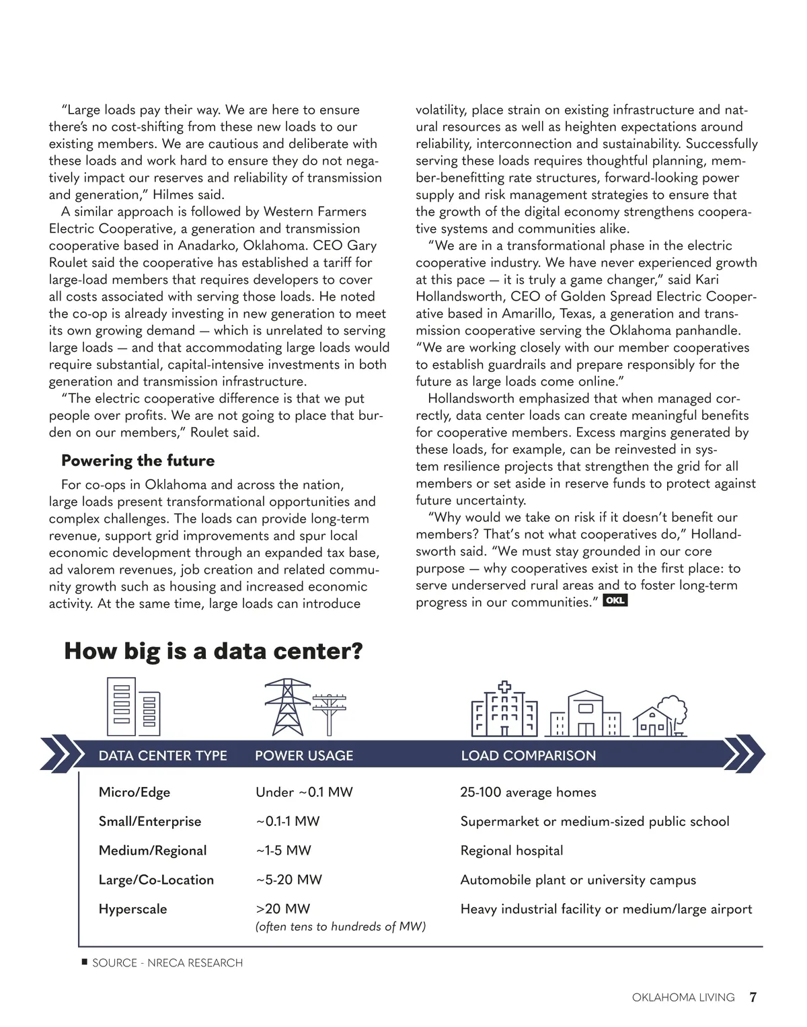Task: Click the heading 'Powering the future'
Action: tap(138, 461)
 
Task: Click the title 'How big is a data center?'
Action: tap(213, 651)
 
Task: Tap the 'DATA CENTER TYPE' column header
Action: tap(163, 755)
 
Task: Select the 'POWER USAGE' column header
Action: tap(304, 755)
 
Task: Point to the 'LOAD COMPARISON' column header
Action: tap(529, 755)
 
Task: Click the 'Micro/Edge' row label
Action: tap(134, 792)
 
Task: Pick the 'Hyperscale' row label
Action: tap(132, 909)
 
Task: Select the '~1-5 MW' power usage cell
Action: tap(283, 851)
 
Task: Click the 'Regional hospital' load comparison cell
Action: tap(512, 851)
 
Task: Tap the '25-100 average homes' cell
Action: tap(528, 792)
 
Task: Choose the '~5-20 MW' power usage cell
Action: tap(289, 880)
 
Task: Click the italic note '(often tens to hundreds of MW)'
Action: tap(340, 927)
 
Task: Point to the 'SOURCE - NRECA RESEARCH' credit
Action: tap(167, 963)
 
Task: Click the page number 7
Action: tap(753, 997)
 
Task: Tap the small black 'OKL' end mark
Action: tap(615, 600)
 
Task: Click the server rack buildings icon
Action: tap(134, 706)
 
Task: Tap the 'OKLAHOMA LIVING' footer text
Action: tap(683, 997)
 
